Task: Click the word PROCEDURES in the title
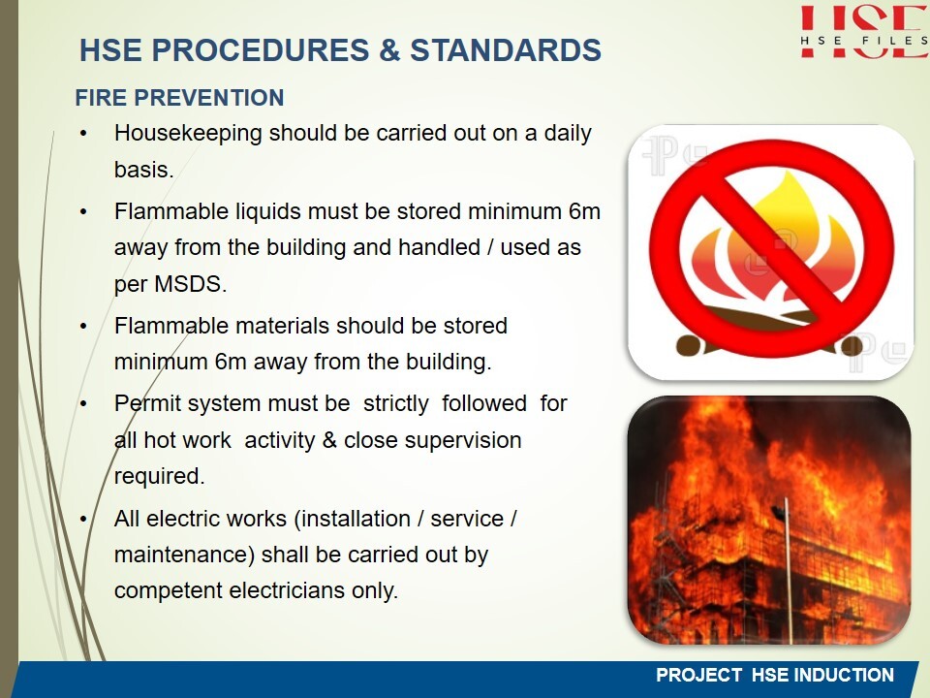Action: point(261,49)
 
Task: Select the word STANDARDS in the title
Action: point(506,49)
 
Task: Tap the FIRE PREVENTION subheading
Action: point(180,98)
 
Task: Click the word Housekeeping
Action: point(188,134)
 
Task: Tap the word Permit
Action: point(145,404)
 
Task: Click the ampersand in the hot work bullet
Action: point(329,440)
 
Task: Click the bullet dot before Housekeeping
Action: point(83,134)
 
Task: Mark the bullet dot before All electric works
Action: point(83,520)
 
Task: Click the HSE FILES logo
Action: point(864,31)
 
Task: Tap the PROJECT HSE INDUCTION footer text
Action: point(775,675)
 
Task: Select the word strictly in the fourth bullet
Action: point(395,404)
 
